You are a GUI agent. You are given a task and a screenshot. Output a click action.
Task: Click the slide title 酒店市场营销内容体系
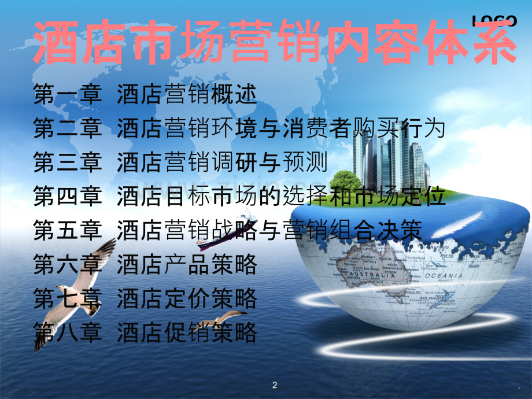point(275,44)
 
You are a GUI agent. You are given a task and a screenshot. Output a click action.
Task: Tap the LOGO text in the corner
point(495,21)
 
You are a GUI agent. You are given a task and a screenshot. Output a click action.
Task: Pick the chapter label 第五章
point(68,231)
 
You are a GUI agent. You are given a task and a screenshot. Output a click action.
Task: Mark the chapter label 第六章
point(68,265)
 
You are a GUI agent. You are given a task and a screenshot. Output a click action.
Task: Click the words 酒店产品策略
point(186,265)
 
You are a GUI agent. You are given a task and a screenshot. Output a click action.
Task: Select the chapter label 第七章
point(68,299)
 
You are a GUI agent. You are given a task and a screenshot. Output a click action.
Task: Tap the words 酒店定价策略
point(186,299)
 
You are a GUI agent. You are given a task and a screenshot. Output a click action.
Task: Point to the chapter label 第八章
point(68,332)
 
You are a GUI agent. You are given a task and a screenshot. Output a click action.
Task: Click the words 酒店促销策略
point(186,332)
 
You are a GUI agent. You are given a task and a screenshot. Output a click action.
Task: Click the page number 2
point(275,385)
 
